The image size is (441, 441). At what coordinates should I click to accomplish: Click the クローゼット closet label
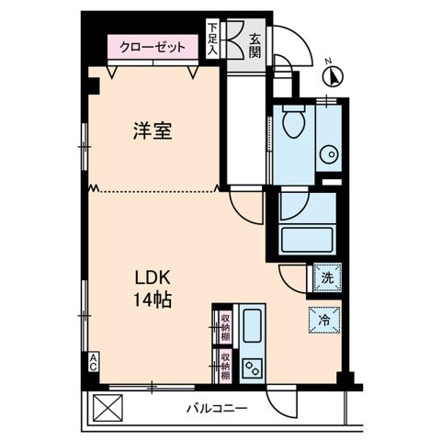153,46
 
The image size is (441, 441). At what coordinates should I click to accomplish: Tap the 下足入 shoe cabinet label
212,40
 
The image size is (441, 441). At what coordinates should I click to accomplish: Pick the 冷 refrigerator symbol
324,320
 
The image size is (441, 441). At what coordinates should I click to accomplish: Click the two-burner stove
252,367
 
